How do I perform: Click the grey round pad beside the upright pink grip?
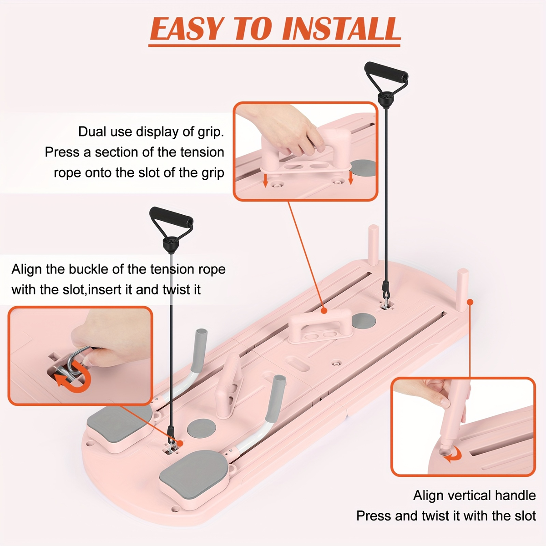click(x=202, y=430)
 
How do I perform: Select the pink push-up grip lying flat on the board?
click(x=320, y=326)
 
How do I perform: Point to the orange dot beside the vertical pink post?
click(x=470, y=302)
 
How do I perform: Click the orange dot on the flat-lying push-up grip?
click(x=324, y=311)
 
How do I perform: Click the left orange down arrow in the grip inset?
click(x=265, y=181)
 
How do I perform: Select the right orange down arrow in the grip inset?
click(x=350, y=178)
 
